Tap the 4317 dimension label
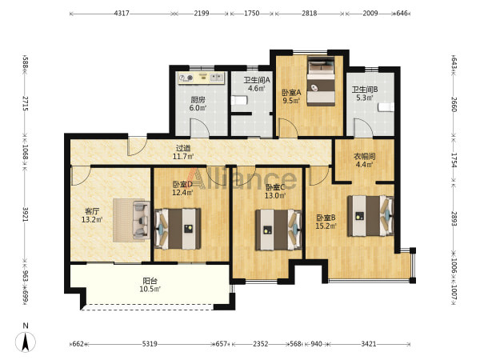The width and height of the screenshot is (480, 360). click(x=122, y=13)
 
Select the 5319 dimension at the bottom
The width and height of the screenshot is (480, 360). click(x=150, y=344)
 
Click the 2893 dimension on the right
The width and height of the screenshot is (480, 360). click(x=454, y=218)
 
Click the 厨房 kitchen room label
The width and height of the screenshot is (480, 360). click(x=198, y=100)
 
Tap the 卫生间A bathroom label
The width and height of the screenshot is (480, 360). click(x=257, y=80)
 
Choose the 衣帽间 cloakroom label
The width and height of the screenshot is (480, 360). click(x=364, y=157)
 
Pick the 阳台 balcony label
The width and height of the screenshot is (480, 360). click(x=150, y=281)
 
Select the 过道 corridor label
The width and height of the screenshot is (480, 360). click(x=183, y=148)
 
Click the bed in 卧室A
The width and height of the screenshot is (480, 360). click(x=321, y=82)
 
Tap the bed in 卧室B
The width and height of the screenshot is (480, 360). click(x=370, y=216)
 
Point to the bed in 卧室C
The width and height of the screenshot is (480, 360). click(x=279, y=230)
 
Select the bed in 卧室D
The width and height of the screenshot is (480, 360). click(x=178, y=229)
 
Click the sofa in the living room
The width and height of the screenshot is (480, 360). click(x=141, y=219)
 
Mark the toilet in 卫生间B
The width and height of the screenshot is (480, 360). click(x=386, y=107)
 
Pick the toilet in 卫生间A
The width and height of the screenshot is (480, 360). click(x=238, y=100)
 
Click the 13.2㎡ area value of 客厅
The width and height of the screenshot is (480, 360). click(x=92, y=219)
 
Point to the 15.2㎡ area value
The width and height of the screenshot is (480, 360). click(x=326, y=226)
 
